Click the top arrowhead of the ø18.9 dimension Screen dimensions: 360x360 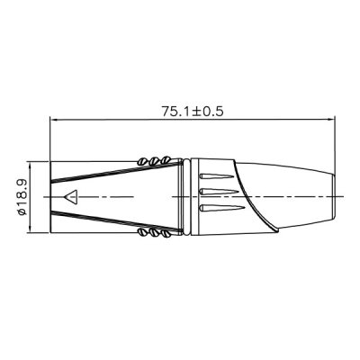(x=33, y=165)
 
